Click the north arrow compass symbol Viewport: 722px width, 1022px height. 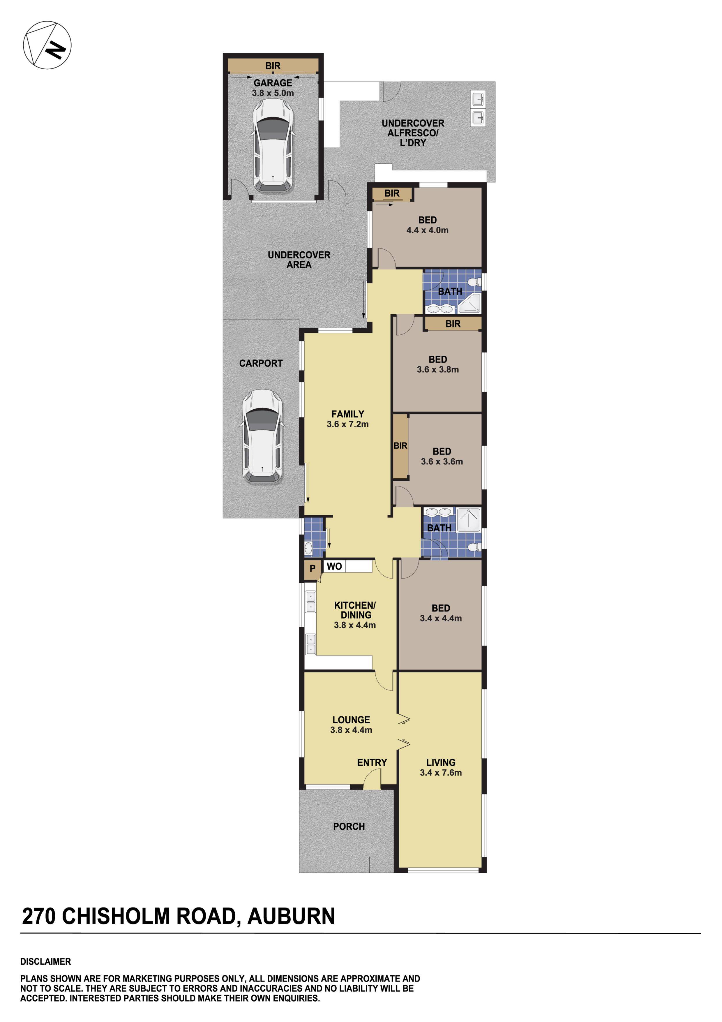click(x=47, y=45)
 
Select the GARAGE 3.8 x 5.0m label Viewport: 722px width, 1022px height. click(x=273, y=88)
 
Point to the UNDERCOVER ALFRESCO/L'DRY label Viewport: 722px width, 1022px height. click(x=412, y=133)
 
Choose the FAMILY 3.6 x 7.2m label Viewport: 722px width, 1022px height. click(x=347, y=419)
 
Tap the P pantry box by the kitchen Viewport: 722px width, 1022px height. click(x=312, y=568)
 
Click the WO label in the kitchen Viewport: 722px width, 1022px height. click(x=334, y=566)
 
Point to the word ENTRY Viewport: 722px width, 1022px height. click(x=372, y=762)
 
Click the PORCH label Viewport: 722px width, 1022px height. click(x=349, y=826)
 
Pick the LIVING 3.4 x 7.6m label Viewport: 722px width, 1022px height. click(x=440, y=767)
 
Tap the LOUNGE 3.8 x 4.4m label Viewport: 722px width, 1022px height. click(x=351, y=725)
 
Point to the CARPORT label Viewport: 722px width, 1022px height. click(x=261, y=363)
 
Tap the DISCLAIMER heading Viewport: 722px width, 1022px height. click(x=45, y=961)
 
